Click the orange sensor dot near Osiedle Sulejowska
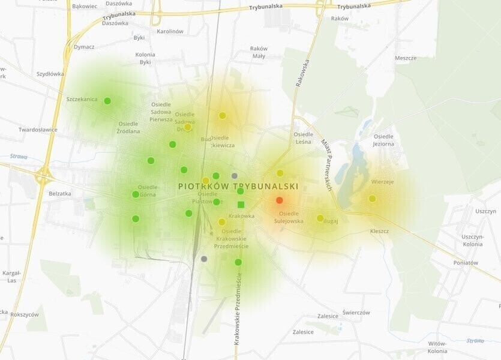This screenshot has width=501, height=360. (x=279, y=200)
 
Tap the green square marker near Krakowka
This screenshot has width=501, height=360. (x=241, y=205)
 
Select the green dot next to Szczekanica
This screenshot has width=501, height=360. (x=107, y=101)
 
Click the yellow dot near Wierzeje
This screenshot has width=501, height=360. (x=372, y=199)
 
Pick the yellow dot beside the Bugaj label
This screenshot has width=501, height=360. (x=320, y=218)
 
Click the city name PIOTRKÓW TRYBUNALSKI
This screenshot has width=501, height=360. (x=238, y=186)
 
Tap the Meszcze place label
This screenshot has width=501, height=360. (x=406, y=58)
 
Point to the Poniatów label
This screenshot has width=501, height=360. (x=466, y=262)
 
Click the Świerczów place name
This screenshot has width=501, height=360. (x=356, y=313)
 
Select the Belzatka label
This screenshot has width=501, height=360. (x=60, y=193)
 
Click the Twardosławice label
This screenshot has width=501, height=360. (x=38, y=129)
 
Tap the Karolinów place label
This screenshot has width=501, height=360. (x=170, y=31)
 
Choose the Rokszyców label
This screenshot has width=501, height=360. (x=25, y=314)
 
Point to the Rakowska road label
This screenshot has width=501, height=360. (x=302, y=73)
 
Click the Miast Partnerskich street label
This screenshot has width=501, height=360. (x=326, y=165)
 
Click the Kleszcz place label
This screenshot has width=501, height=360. (x=379, y=231)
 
